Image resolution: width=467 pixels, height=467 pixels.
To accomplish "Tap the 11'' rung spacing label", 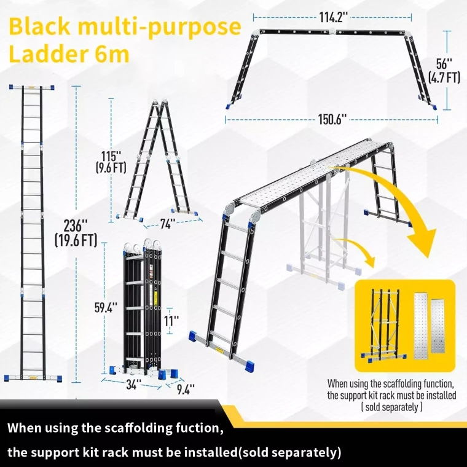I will click(171, 320).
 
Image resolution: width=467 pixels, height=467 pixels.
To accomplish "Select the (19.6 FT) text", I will click(76, 240).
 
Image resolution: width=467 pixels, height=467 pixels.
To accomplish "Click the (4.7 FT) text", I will click(444, 77).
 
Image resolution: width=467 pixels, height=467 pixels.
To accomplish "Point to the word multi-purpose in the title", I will click(157, 28).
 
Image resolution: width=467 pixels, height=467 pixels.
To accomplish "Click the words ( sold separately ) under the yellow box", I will click(391, 407).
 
